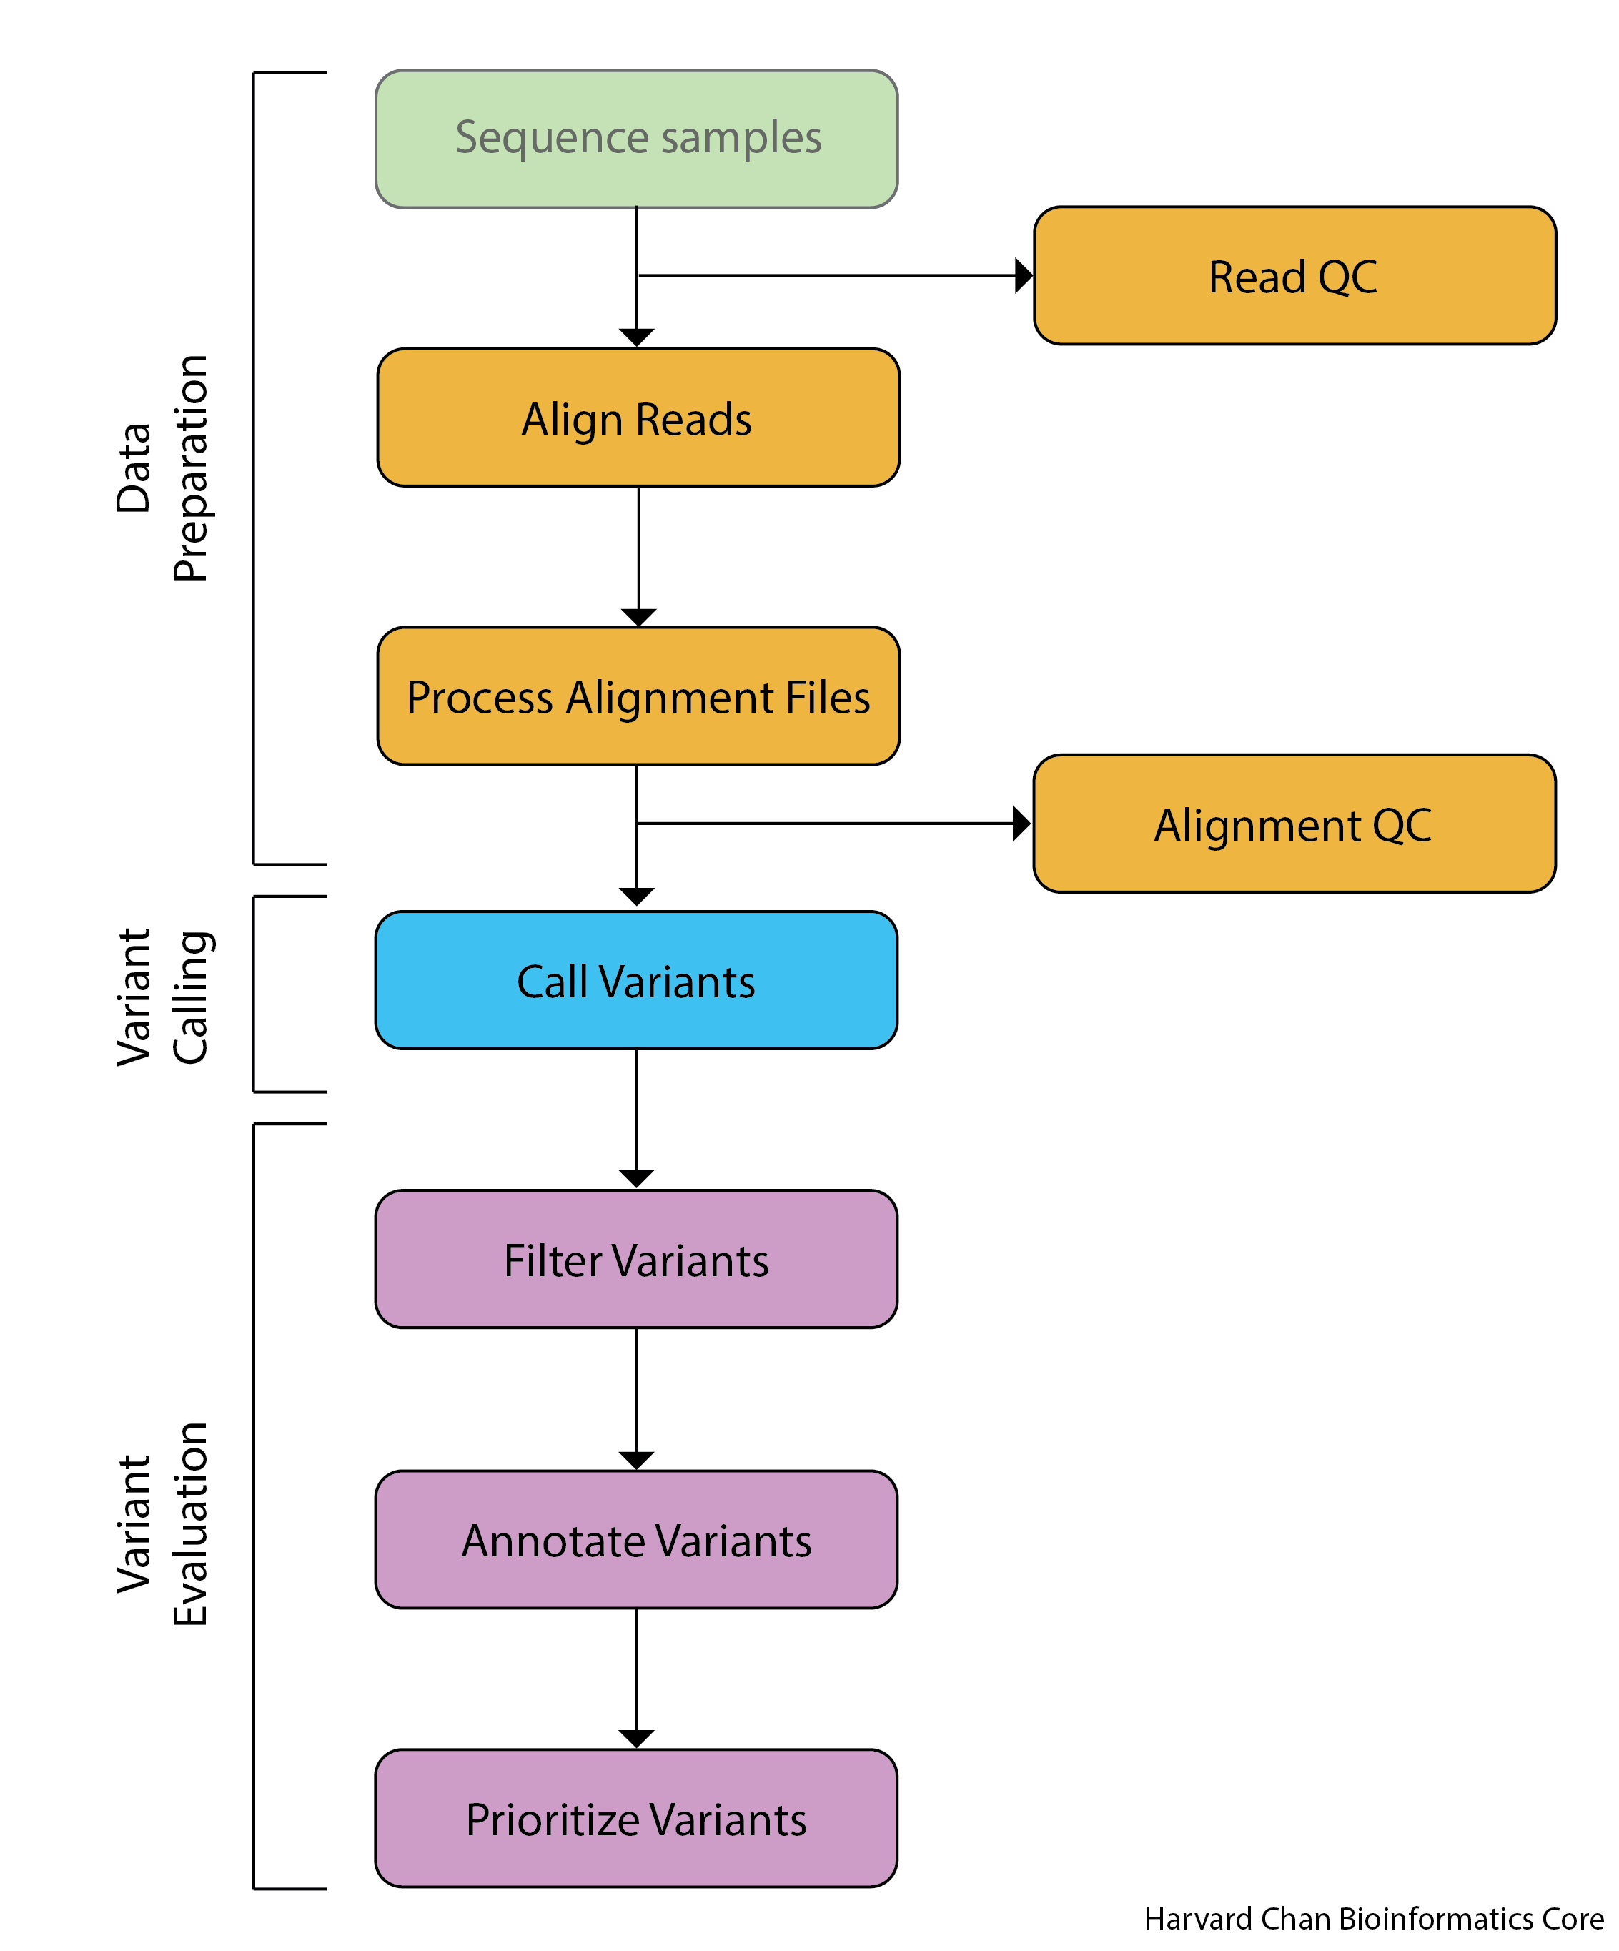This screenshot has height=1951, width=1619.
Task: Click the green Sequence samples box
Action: tap(636, 139)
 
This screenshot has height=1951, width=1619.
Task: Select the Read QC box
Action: tap(1294, 276)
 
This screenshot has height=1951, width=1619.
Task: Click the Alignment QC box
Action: tap(1293, 824)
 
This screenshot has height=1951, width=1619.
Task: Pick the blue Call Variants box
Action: tap(635, 980)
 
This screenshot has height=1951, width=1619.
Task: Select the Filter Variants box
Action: tap(635, 1259)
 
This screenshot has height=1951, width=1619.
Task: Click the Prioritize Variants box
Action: tap(635, 1818)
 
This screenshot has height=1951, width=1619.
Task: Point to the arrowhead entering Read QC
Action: tap(1024, 276)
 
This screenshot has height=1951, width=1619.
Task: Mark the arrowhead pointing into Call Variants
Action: tap(636, 897)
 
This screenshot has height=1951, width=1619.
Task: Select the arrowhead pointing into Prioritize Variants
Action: tap(636, 1738)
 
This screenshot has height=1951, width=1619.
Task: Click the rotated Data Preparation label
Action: tap(162, 469)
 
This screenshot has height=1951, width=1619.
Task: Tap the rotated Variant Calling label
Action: tap(162, 996)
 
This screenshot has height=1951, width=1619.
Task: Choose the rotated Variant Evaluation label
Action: tap(162, 1523)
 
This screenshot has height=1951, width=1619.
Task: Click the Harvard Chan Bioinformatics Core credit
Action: tap(1373, 1919)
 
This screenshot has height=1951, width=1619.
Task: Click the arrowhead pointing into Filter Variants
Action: tap(636, 1179)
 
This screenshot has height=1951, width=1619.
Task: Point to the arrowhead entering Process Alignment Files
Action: tap(638, 618)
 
